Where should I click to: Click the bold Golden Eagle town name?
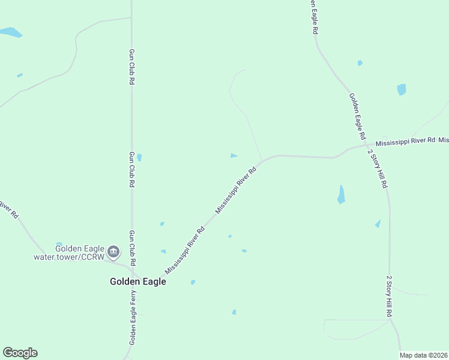point(137,281)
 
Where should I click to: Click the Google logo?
point(20,353)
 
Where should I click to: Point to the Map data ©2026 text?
point(423,355)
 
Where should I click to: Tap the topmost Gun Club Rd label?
point(131,67)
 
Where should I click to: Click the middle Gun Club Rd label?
point(131,169)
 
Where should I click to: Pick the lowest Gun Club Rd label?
point(132,248)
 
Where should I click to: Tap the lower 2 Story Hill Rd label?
point(389,296)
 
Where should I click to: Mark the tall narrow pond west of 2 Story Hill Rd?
point(341,194)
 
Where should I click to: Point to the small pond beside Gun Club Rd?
point(139,158)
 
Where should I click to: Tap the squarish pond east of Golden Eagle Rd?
point(401,89)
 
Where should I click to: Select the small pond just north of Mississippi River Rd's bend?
point(234,156)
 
